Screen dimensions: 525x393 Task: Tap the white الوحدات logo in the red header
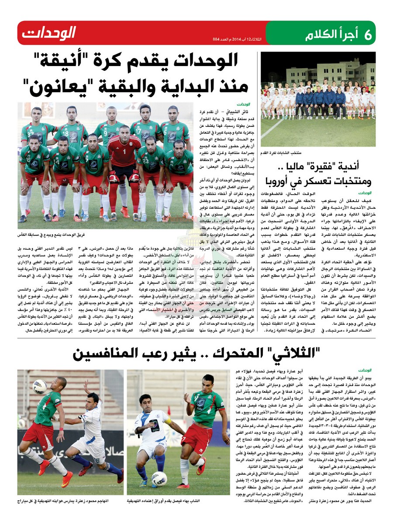point(48,33)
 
